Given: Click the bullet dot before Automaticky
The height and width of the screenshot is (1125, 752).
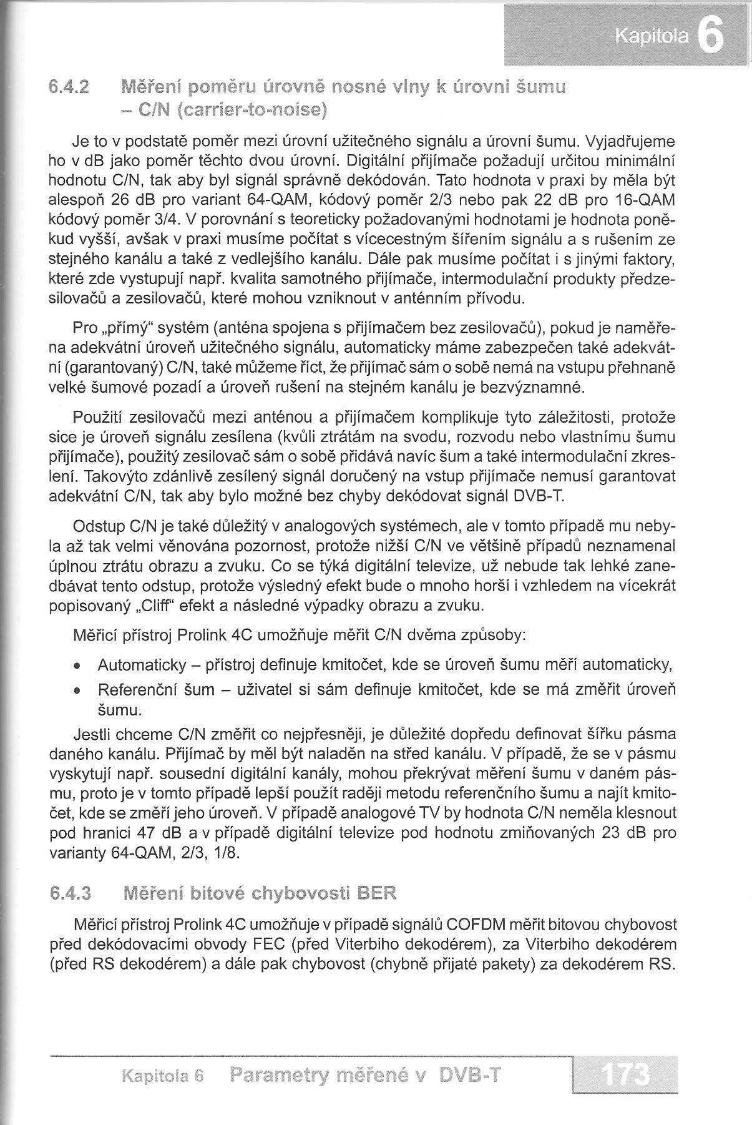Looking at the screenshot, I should pos(77,666).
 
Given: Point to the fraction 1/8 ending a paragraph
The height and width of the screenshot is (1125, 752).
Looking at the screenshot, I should pos(227,853).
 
